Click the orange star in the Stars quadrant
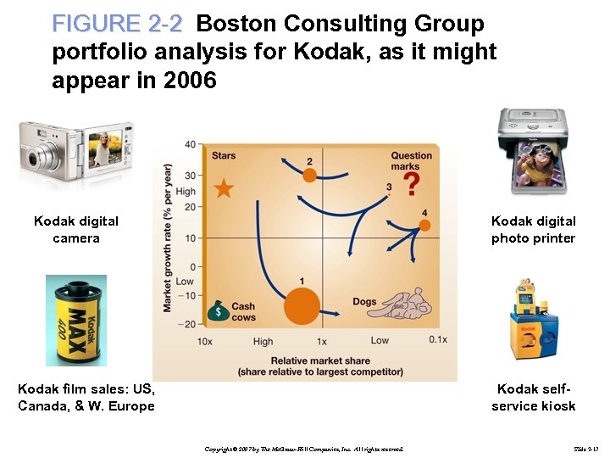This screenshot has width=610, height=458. click(x=224, y=188)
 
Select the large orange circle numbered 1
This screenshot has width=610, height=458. click(x=302, y=305)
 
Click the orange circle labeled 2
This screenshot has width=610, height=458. click(x=309, y=175)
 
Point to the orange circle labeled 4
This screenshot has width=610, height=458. click(x=424, y=225)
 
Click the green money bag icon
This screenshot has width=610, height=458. click(x=218, y=310)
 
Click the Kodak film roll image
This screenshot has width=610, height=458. click(x=76, y=320)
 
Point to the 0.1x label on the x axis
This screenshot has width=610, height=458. click(x=437, y=340)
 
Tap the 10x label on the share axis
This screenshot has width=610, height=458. click(x=204, y=341)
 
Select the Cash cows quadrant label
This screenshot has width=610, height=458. click(x=242, y=311)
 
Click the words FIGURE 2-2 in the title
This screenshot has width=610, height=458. click(x=117, y=23)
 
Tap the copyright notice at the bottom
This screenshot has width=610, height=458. click(x=304, y=448)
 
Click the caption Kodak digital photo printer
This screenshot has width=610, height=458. click(x=533, y=229)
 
